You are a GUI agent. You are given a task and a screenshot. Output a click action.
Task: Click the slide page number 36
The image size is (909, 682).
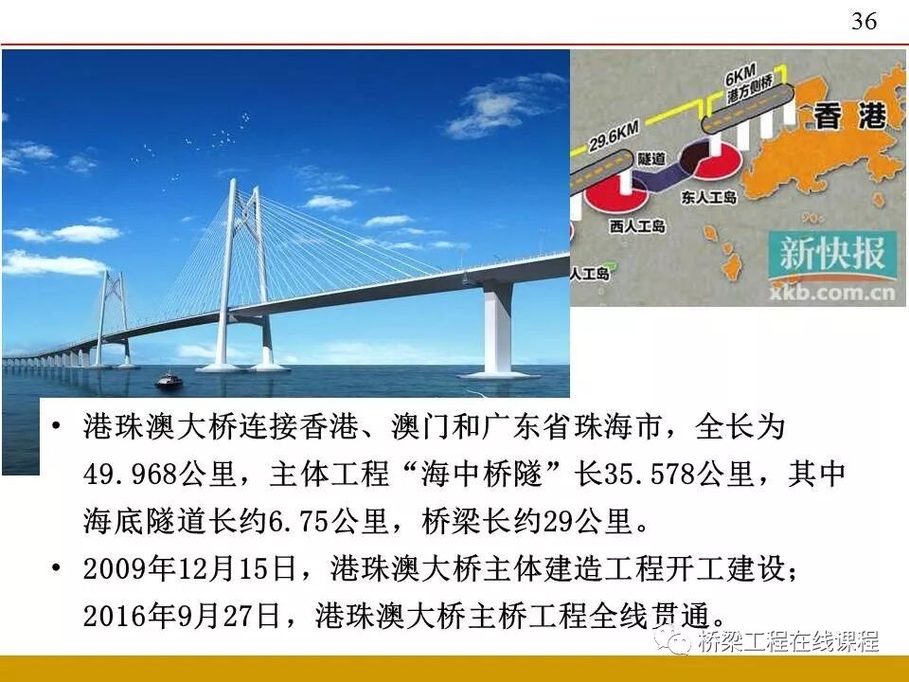point(864,22)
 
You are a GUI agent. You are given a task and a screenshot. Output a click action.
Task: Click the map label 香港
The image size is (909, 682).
point(849,117)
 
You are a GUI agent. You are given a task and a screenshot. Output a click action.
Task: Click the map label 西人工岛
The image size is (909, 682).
point(638,226)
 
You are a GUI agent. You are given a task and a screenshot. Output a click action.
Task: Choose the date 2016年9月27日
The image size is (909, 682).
point(182,617)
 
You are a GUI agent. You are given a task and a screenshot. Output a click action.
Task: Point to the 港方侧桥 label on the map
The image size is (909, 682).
point(741,95)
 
